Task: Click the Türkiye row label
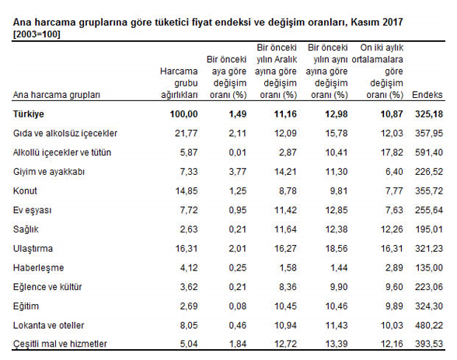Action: pos(28,114)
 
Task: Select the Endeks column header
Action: pos(427,95)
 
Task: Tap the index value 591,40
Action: pos(429,152)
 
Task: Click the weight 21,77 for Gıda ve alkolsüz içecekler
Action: pos(187,133)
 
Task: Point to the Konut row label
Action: pos(25,191)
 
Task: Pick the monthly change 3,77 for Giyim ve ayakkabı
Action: pos(238,172)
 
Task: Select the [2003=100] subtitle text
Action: pos(37,34)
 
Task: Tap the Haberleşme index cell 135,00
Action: pos(429,267)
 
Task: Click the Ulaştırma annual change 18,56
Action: pos(337,248)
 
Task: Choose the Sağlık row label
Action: pos(26,229)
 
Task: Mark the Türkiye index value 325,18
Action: pos(429,114)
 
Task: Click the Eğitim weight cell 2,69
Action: pos(189,306)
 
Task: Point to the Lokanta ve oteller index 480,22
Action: pos(429,325)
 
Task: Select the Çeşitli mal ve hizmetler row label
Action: pos(60,344)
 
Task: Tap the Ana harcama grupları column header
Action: pos(56,95)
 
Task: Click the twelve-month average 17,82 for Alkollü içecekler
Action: pos(392,152)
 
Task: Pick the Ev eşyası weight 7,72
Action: pos(189,210)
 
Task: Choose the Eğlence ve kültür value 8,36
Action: pos(288,287)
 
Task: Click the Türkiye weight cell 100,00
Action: pos(184,114)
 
